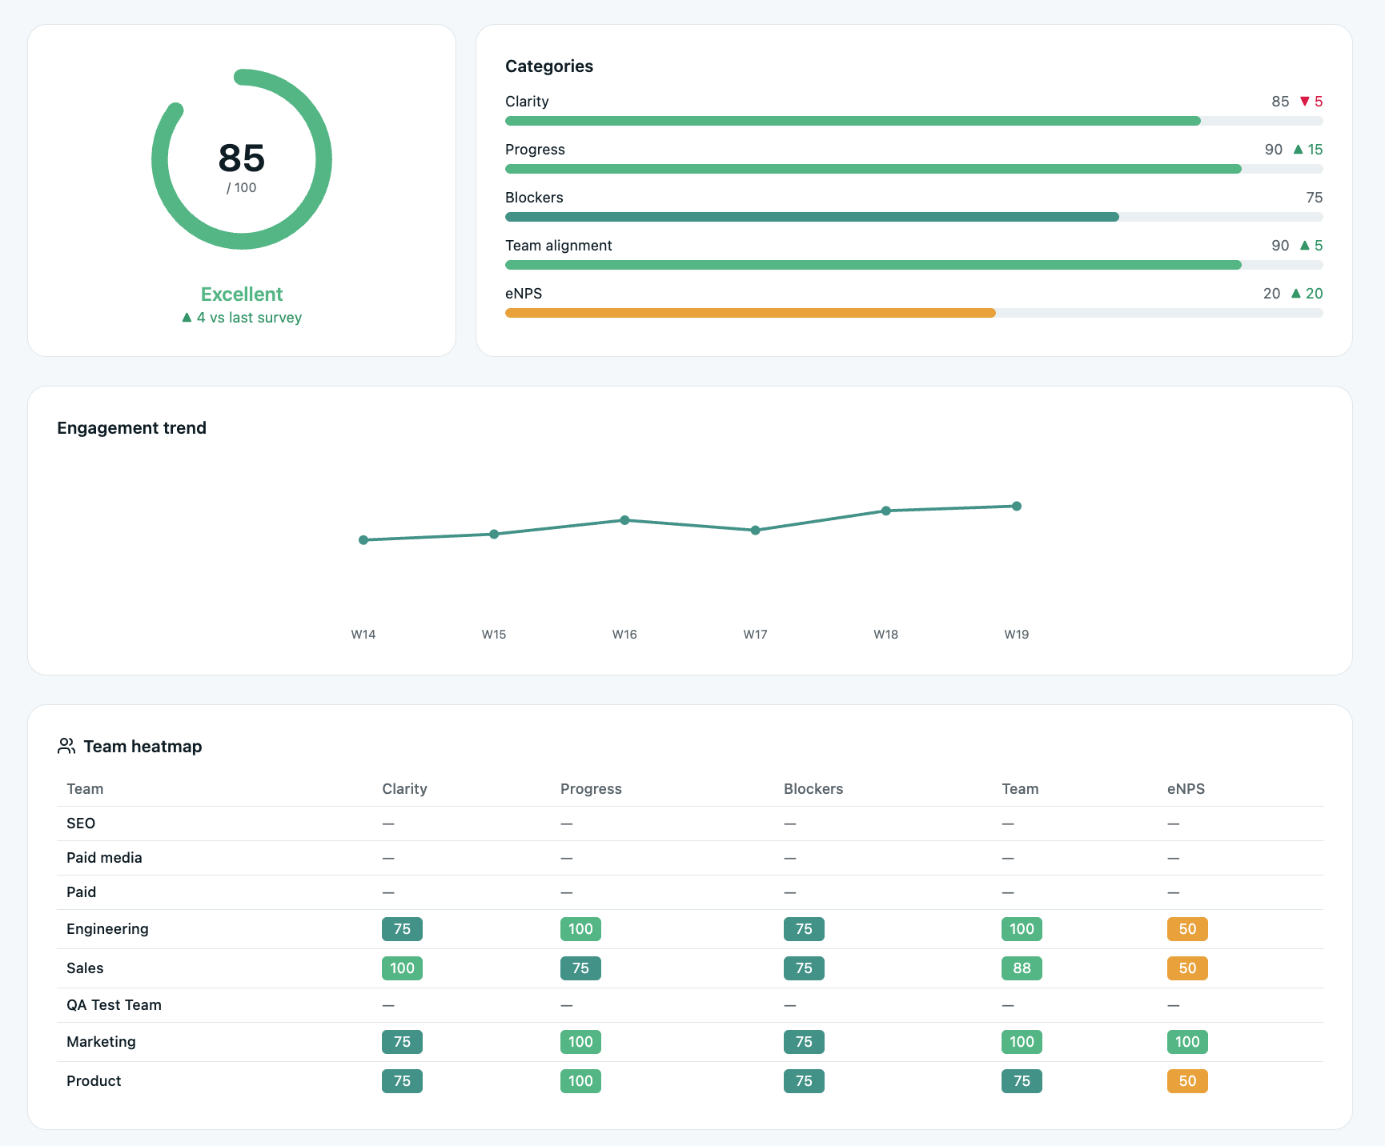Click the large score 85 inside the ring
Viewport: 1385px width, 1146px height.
pyautogui.click(x=242, y=158)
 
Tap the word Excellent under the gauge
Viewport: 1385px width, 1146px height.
pyautogui.click(x=242, y=294)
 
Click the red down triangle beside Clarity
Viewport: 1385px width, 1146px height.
pyautogui.click(x=1305, y=102)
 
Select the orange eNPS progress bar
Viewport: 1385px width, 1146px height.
pyautogui.click(x=750, y=313)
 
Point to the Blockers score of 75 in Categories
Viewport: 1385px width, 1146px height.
pyautogui.click(x=1314, y=198)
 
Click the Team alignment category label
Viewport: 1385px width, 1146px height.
pyautogui.click(x=559, y=246)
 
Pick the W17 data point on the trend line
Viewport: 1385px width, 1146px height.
pyautogui.click(x=755, y=530)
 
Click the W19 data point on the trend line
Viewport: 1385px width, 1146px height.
pyautogui.click(x=1017, y=506)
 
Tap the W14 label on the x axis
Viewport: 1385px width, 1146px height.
pyautogui.click(x=363, y=635)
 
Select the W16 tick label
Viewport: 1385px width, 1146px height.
pyautogui.click(x=624, y=635)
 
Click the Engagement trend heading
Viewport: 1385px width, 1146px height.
pyautogui.click(x=132, y=428)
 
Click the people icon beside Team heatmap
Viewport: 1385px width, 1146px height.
pyautogui.click(x=66, y=746)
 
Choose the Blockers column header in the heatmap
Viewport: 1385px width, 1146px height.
pyautogui.click(x=813, y=789)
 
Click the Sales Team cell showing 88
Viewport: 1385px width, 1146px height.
pyautogui.click(x=1022, y=968)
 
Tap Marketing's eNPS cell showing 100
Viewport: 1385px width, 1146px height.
pyautogui.click(x=1187, y=1042)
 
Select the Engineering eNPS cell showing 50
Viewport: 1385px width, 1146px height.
pyautogui.click(x=1187, y=929)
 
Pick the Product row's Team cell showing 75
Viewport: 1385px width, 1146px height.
pyautogui.click(x=1022, y=1081)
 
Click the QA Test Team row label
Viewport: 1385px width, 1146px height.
pyautogui.click(x=114, y=1005)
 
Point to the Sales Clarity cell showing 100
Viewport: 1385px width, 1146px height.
pyautogui.click(x=402, y=968)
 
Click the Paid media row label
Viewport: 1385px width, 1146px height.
pyautogui.click(x=104, y=858)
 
